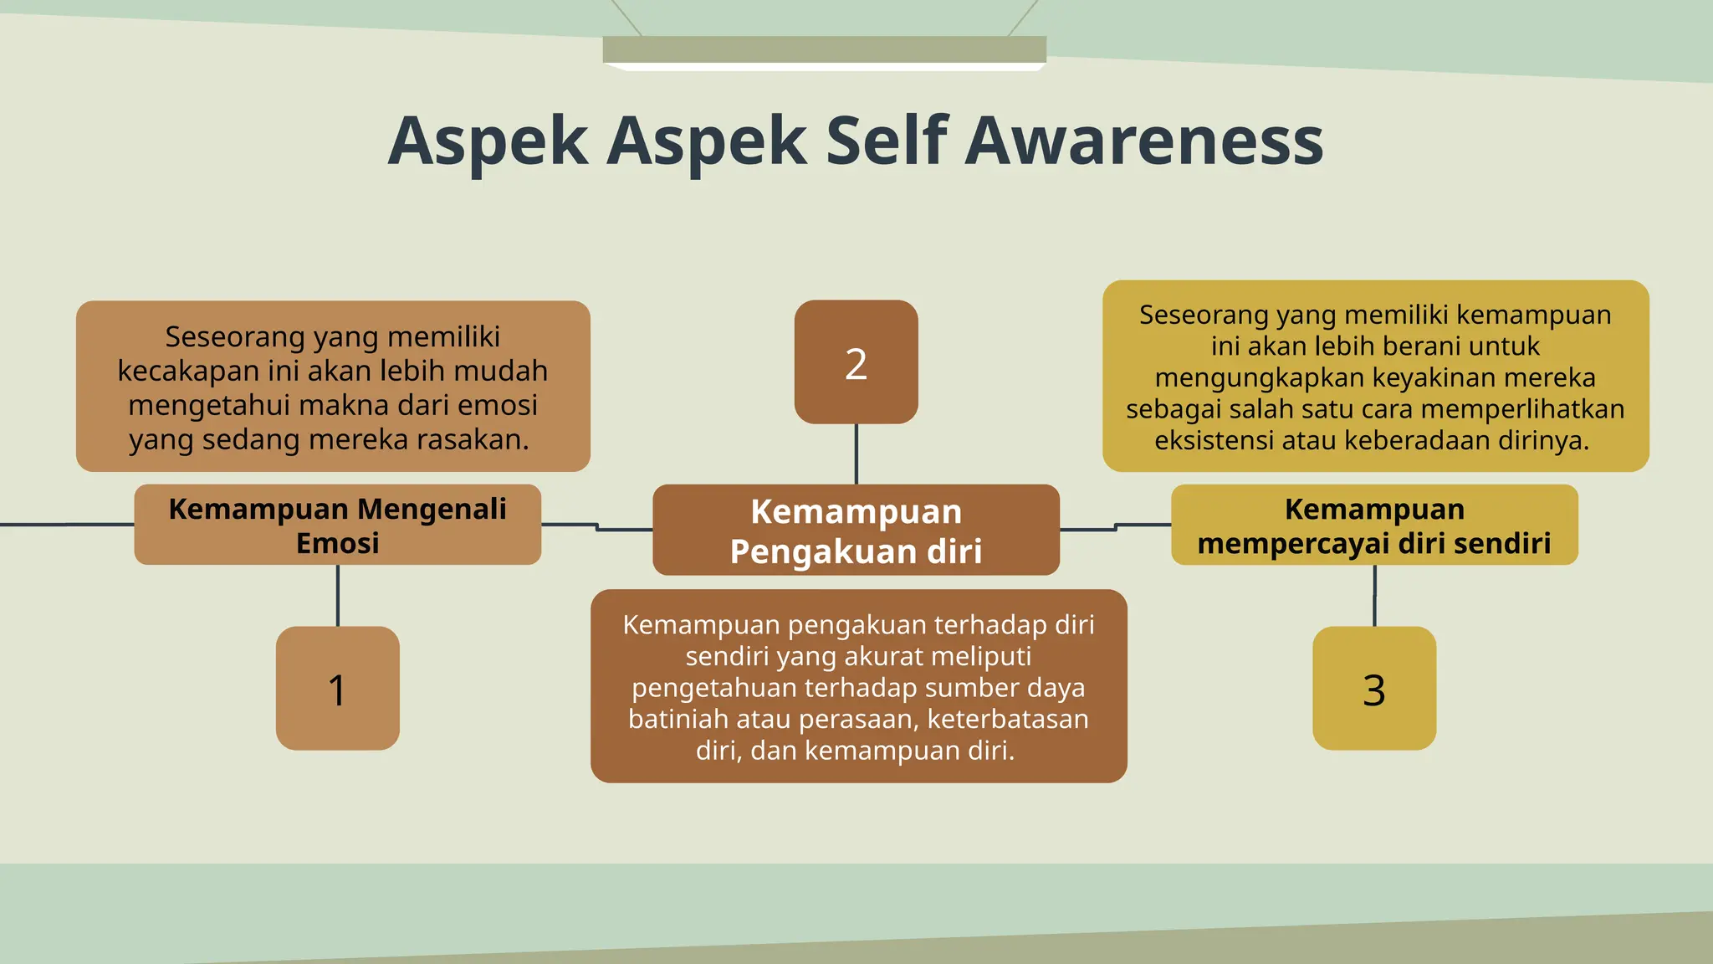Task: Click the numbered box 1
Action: click(x=337, y=688)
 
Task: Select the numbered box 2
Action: click(x=856, y=362)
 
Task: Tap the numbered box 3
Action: click(x=1374, y=688)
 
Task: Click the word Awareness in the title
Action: click(x=1143, y=141)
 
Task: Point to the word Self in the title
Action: click(x=887, y=141)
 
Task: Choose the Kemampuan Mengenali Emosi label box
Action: click(x=337, y=525)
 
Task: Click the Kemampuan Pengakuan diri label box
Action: click(x=856, y=530)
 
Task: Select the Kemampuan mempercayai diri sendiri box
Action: click(x=1374, y=525)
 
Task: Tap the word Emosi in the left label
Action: click(x=337, y=544)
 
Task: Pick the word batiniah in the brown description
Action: click(x=667, y=720)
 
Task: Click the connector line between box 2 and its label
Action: click(x=856, y=454)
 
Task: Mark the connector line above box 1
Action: click(x=337, y=595)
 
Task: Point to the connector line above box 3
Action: click(x=1374, y=595)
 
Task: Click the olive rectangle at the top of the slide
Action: click(x=824, y=49)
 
